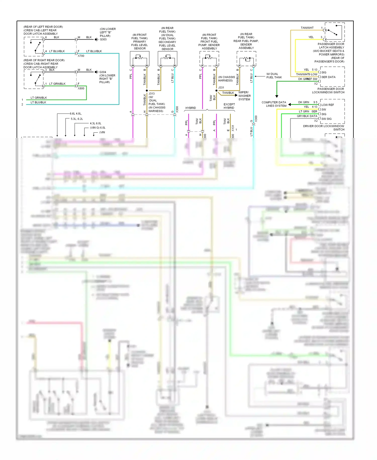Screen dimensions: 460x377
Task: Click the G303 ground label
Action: [103, 40]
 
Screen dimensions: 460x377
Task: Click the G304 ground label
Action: [103, 72]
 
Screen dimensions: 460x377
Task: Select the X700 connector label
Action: [81, 56]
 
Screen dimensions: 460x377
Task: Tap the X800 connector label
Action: [81, 88]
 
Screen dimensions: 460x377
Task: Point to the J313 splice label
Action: [152, 94]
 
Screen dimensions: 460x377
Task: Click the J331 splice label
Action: [221, 88]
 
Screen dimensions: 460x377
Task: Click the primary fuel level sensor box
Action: [139, 58]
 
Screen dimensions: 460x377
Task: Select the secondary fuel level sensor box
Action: [167, 58]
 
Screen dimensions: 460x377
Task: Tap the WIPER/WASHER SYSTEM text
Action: [244, 96]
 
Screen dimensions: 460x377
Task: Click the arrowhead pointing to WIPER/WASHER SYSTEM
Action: [236, 95]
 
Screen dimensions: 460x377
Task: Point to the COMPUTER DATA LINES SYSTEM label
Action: [274, 104]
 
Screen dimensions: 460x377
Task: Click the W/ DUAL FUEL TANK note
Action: [274, 76]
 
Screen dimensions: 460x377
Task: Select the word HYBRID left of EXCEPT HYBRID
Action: [191, 108]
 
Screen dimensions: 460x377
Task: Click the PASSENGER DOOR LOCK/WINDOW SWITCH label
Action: [328, 91]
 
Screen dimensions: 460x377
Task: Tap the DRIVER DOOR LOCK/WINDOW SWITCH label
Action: [324, 128]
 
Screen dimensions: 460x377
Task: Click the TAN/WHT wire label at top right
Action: [307, 28]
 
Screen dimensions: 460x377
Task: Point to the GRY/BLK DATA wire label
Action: [307, 116]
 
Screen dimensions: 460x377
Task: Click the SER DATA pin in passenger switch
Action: [328, 77]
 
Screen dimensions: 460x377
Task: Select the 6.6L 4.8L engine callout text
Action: [76, 113]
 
